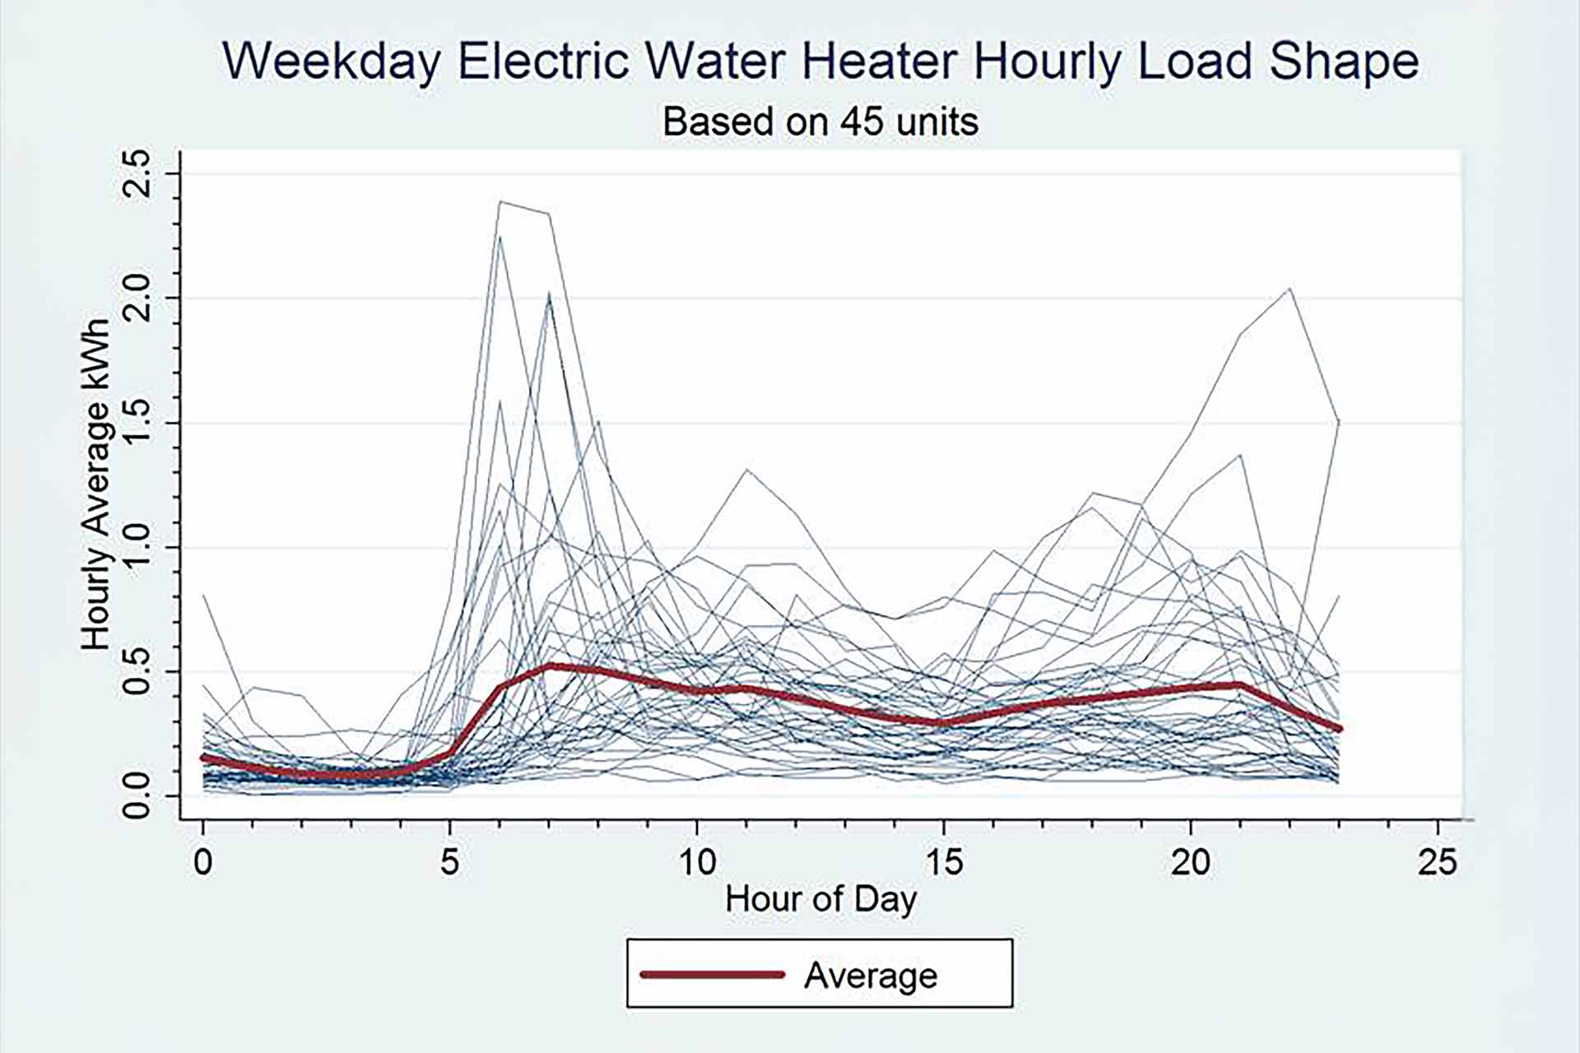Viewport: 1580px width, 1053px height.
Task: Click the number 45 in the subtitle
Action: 862,122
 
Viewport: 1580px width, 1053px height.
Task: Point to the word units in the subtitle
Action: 937,122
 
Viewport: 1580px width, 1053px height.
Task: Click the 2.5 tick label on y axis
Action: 136,174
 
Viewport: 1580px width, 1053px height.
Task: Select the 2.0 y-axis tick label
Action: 136,298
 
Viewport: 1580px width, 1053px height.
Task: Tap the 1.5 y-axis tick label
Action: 136,423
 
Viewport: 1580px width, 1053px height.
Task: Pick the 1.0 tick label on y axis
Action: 136,547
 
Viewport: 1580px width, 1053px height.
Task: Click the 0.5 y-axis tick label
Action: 136,671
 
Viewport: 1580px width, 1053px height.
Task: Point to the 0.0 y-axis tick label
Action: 136,796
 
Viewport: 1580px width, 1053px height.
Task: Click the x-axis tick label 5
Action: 449,861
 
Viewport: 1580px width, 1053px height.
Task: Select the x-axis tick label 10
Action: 697,861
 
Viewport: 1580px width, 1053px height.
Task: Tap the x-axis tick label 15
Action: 944,861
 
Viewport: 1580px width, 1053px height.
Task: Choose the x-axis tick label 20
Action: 1191,861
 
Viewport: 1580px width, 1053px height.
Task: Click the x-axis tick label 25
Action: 1438,861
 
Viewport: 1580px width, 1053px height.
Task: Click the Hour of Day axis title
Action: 820,899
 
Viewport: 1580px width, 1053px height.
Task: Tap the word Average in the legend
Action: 871,976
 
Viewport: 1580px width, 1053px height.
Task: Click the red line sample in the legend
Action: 713,975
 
